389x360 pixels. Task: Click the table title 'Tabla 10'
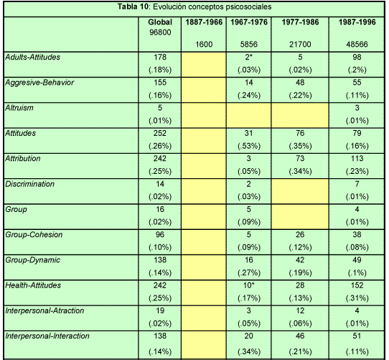(133, 6)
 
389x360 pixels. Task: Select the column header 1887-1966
(204, 22)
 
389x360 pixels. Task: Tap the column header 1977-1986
(300, 22)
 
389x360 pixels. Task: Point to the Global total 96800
(160, 32)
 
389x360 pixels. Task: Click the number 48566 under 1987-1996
(357, 45)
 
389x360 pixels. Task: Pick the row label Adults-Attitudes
(33, 57)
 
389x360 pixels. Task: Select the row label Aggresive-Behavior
(39, 83)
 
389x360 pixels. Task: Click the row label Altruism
(19, 108)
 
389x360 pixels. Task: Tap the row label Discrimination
(29, 184)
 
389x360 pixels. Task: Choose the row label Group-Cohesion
(34, 235)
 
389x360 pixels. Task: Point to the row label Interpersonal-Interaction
(47, 336)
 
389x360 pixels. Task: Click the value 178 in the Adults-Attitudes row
(160, 57)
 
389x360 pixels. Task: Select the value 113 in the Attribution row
(357, 159)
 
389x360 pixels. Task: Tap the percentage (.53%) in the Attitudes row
(249, 146)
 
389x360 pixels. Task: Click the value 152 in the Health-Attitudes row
(357, 285)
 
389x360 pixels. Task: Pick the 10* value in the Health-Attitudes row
(249, 285)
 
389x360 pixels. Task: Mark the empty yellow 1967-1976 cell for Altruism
(249, 115)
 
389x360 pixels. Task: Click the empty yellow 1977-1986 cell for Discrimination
(300, 191)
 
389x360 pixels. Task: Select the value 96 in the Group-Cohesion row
(160, 235)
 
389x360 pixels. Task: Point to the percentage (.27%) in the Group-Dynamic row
(249, 273)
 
